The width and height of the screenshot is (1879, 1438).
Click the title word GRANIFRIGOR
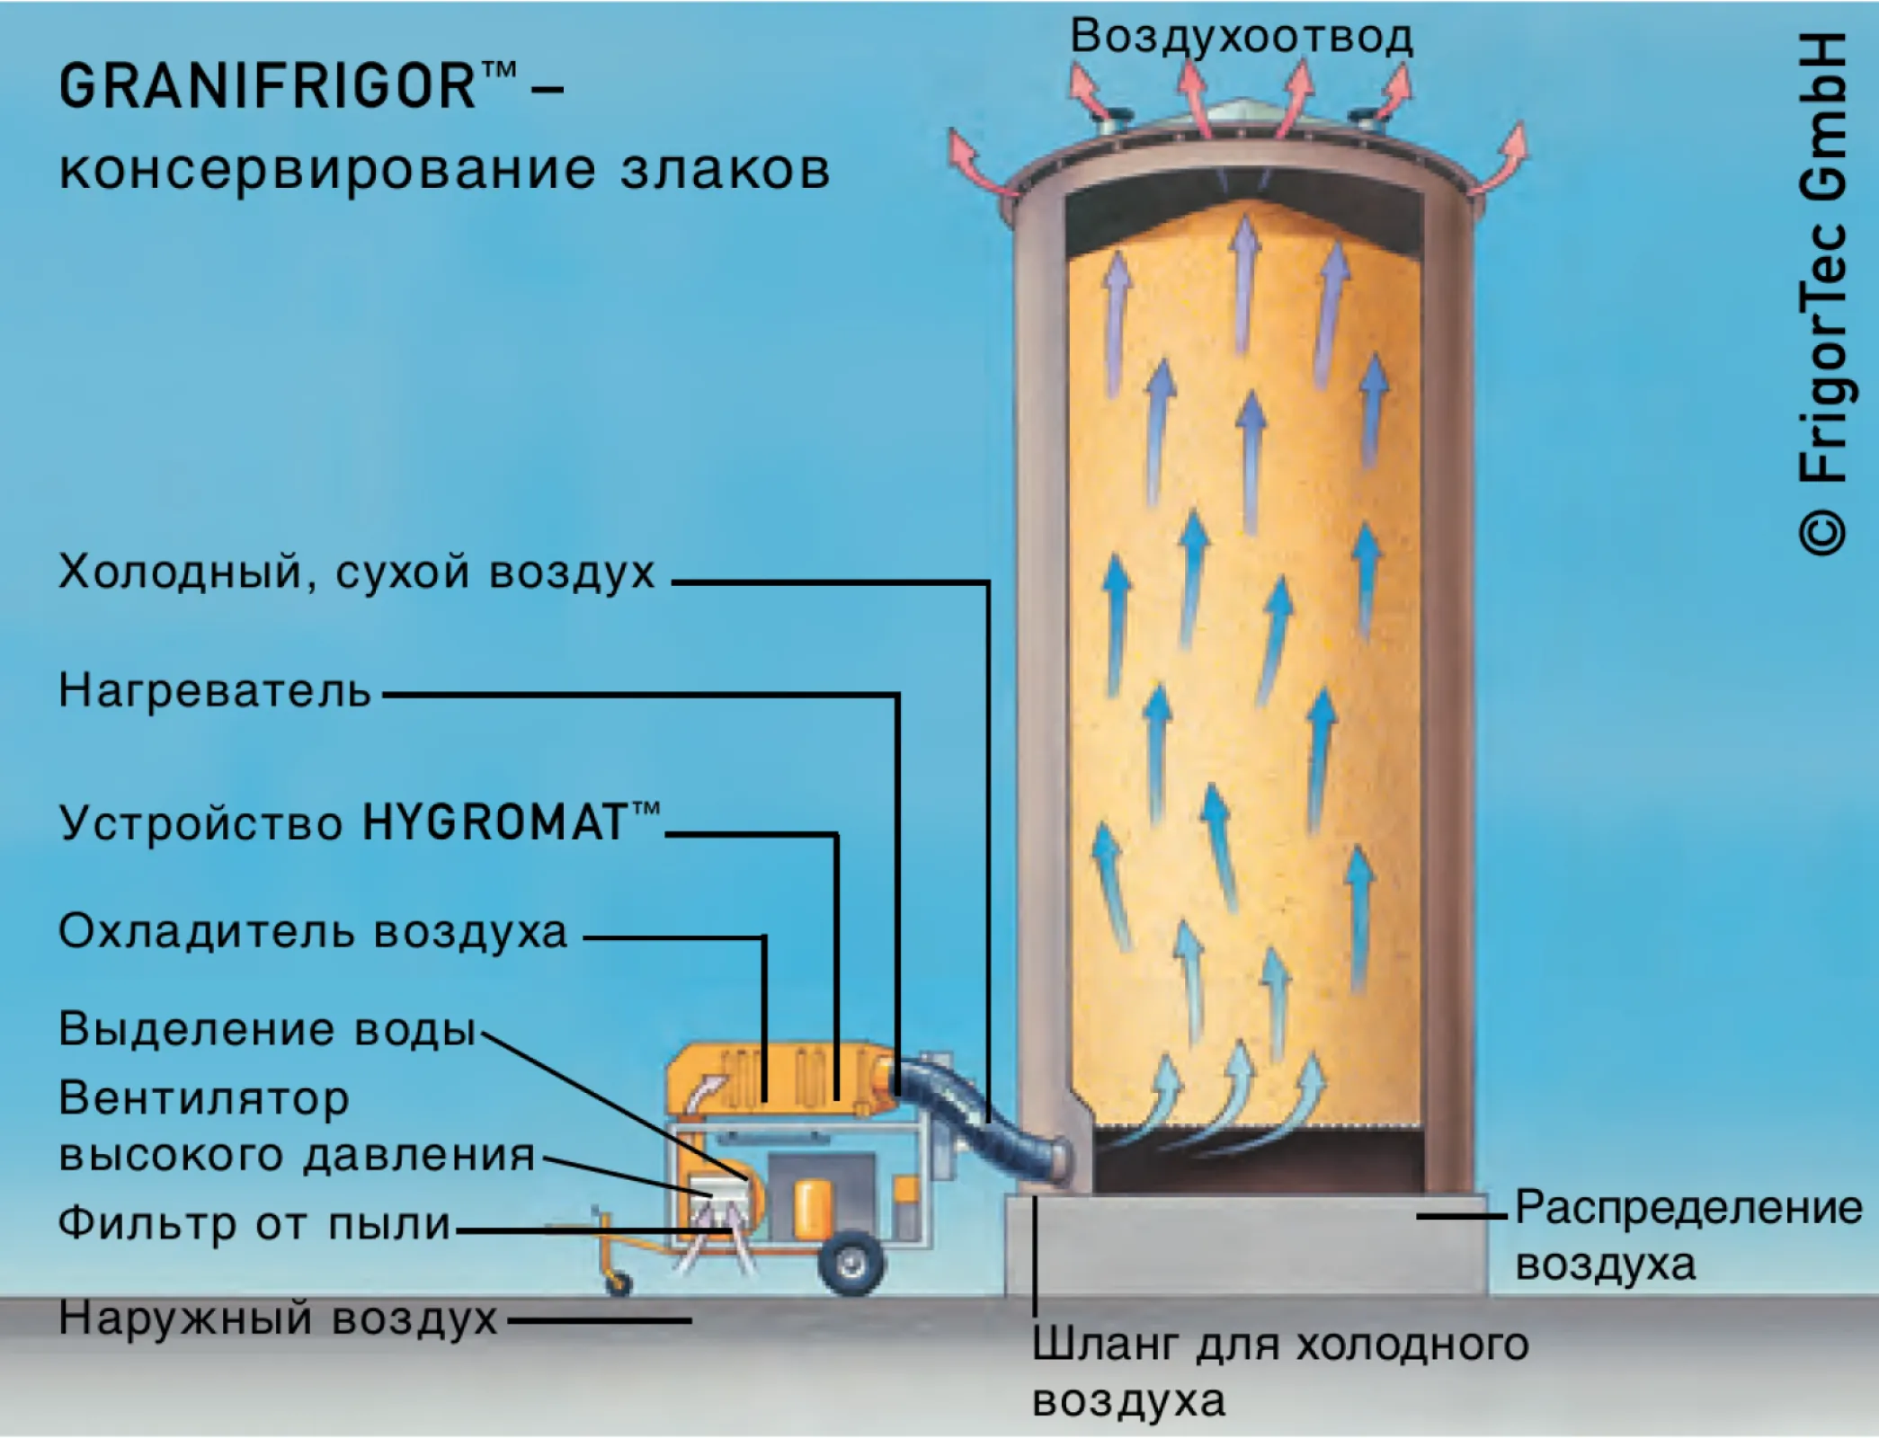267,87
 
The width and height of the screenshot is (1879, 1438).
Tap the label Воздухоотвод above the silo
1242,37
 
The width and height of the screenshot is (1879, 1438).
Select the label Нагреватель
215,691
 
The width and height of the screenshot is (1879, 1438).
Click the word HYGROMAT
494,822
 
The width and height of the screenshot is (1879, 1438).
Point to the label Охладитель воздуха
313,932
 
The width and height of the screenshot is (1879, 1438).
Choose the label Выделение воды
267,1029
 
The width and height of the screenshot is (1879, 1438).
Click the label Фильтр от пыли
254,1224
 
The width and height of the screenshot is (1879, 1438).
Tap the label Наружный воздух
278,1318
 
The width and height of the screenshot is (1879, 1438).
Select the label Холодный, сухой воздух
357,572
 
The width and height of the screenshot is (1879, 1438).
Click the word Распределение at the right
1688,1208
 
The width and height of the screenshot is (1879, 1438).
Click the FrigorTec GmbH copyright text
1822,297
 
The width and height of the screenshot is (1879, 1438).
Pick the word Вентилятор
204,1099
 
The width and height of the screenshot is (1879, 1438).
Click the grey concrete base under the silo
1245,1245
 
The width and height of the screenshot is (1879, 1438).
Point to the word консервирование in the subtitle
328,171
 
